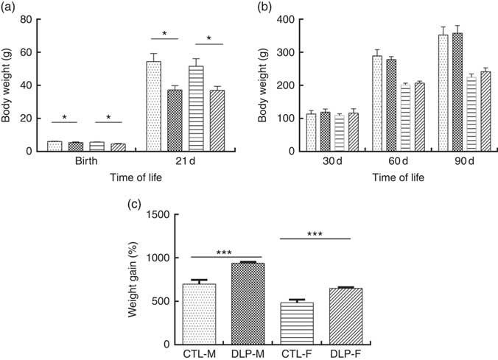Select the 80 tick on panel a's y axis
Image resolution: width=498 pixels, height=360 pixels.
[27, 19]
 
